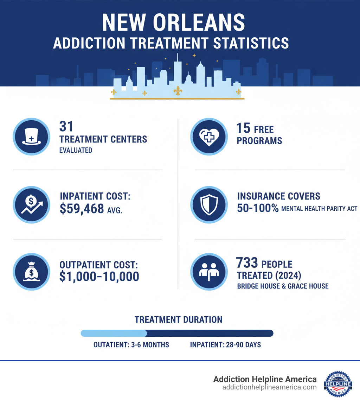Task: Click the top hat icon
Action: (31, 136)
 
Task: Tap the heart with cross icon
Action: (208, 136)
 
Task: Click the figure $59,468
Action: (82, 209)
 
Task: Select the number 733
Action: (247, 263)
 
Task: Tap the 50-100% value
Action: (258, 208)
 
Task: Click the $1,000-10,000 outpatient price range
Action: (99, 277)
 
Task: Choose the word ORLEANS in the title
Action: (199, 23)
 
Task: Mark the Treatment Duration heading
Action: (178, 319)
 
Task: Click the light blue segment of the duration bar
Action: (114, 333)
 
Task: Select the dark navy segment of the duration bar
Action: (210, 333)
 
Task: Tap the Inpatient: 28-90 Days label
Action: (225, 345)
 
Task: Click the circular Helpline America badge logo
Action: (338, 384)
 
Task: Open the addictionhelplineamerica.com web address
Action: (269, 387)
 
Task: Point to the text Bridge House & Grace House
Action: (283, 286)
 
